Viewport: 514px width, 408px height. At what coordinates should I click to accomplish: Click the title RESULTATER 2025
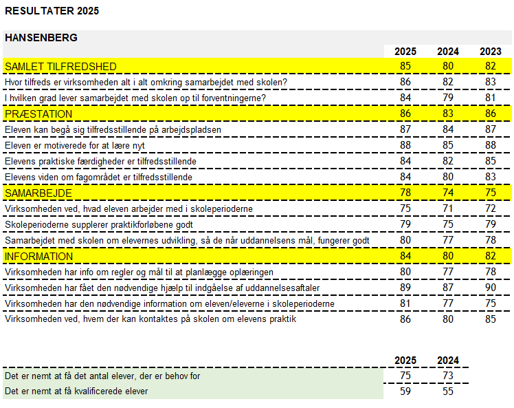52,10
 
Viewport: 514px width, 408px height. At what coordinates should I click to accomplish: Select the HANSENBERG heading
41,37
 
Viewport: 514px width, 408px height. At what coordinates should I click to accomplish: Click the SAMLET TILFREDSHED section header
60,66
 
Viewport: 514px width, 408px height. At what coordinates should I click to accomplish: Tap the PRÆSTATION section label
38,114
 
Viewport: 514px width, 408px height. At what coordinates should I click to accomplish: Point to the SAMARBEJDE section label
38,193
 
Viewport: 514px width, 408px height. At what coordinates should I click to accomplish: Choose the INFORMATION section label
38,256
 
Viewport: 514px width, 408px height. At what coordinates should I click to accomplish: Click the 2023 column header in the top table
491,52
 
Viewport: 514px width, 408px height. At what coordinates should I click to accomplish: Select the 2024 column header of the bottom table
448,361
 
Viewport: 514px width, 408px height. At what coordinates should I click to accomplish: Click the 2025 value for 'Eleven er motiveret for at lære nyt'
405,145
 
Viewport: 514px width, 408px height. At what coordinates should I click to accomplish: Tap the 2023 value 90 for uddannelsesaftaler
491,288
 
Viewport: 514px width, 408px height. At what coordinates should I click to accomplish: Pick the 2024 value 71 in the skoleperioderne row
448,208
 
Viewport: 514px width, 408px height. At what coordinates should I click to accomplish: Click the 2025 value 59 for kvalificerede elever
405,391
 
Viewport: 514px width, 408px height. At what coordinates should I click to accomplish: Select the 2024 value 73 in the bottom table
448,376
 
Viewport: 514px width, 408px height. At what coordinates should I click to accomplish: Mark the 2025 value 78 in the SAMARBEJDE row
405,193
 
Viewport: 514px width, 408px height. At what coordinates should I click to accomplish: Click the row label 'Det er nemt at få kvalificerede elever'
76,391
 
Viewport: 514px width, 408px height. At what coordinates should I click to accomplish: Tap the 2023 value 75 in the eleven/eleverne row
491,303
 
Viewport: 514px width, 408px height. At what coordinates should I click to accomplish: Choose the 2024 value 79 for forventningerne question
448,98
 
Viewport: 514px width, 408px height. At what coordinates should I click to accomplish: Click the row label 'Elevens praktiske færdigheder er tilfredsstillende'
101,161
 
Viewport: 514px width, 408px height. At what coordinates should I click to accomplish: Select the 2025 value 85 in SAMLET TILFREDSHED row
405,66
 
